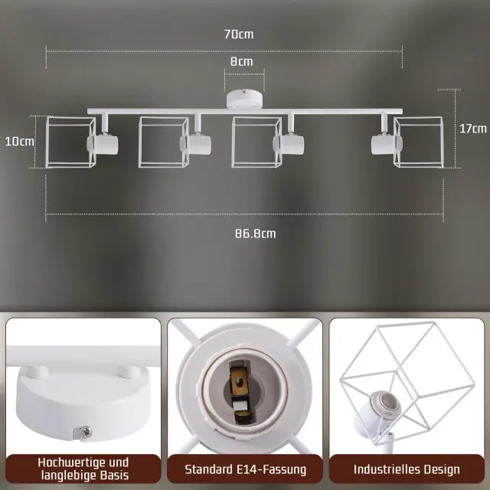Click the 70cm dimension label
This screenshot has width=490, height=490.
[239, 34]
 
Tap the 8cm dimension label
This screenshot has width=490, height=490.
[242, 61]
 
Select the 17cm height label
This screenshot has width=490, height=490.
[473, 129]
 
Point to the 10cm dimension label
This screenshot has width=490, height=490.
[19, 142]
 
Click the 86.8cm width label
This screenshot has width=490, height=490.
[255, 234]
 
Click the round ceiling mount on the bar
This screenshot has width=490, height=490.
[245, 99]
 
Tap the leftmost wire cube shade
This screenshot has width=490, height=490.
[71, 142]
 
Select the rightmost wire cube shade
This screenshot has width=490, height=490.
[419, 142]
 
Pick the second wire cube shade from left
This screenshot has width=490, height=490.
[164, 142]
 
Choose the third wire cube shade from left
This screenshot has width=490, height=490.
[256, 142]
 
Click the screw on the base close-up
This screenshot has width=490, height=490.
[85, 432]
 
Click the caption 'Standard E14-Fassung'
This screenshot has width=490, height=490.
[245, 469]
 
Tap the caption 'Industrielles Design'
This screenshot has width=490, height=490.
[407, 469]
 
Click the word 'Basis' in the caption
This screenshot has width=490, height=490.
[115, 475]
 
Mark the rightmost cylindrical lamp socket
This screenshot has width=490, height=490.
[385, 145]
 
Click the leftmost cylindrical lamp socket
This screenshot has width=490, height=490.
[103, 145]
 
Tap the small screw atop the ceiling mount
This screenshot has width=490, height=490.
[243, 92]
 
